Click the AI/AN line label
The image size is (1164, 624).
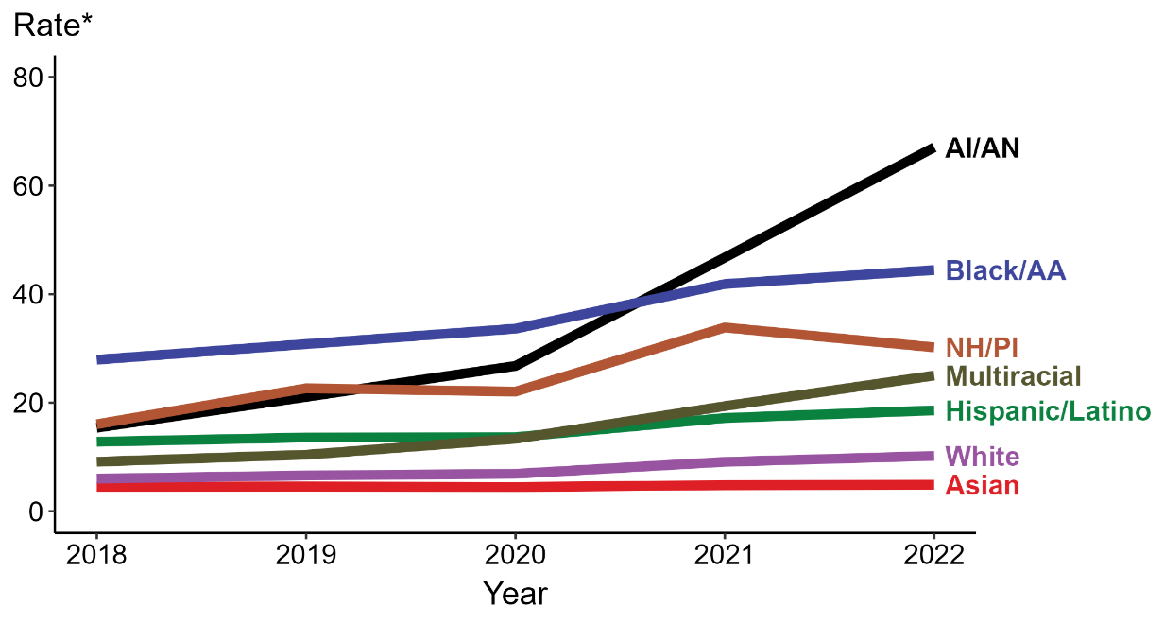pyautogui.click(x=983, y=148)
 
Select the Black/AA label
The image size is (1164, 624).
pyautogui.click(x=1005, y=270)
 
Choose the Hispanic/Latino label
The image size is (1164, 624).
pyautogui.click(x=1048, y=411)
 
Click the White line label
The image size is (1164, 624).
pyautogui.click(x=983, y=457)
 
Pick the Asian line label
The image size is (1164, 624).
pyautogui.click(x=983, y=486)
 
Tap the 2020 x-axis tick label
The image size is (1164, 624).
pyautogui.click(x=515, y=556)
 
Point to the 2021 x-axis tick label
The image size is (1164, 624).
pyautogui.click(x=725, y=556)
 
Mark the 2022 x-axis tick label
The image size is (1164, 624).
pyautogui.click(x=933, y=556)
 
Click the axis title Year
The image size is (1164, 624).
pyautogui.click(x=515, y=594)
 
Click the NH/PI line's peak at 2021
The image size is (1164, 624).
pyautogui.click(x=725, y=327)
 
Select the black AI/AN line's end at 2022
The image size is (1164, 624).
pyautogui.click(x=932, y=149)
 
